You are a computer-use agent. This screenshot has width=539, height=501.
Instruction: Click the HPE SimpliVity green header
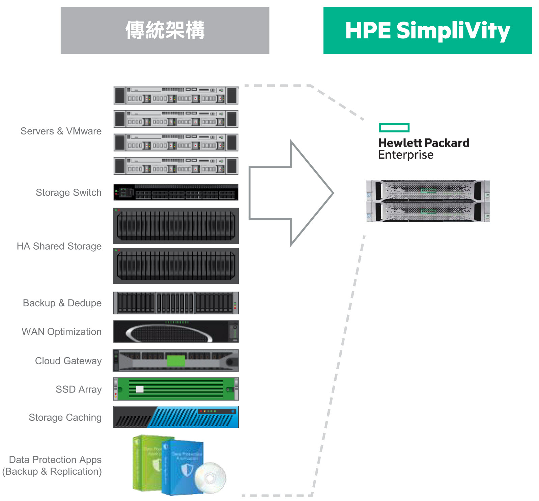pyautogui.click(x=427, y=30)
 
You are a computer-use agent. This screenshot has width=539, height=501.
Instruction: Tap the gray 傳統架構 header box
pyautogui.click(x=165, y=30)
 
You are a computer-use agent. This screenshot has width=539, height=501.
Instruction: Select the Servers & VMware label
pyautogui.click(x=61, y=131)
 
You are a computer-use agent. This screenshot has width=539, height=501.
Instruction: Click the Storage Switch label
pyautogui.click(x=68, y=192)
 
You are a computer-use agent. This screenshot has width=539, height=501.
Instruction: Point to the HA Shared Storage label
pyautogui.click(x=59, y=246)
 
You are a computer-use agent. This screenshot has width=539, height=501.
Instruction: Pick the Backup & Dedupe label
pyautogui.click(x=62, y=303)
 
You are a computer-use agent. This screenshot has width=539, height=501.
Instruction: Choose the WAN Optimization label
pyautogui.click(x=61, y=332)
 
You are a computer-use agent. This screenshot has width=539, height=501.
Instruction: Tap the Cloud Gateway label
pyautogui.click(x=68, y=361)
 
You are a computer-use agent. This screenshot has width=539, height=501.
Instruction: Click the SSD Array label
pyautogui.click(x=79, y=389)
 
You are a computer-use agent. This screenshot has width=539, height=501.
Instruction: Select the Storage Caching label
pyautogui.click(x=65, y=417)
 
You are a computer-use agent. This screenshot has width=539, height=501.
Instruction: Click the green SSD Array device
pyautogui.click(x=176, y=389)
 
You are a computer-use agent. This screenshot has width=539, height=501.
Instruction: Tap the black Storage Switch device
pyautogui.click(x=176, y=192)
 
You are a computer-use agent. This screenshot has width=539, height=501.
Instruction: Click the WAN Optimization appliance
pyautogui.click(x=176, y=332)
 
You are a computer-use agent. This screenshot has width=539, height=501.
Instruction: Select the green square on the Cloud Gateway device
pyautogui.click(x=176, y=361)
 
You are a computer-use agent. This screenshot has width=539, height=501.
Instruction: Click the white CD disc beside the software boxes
pyautogui.click(x=210, y=478)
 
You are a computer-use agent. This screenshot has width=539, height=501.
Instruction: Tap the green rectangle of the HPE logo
pyautogui.click(x=394, y=128)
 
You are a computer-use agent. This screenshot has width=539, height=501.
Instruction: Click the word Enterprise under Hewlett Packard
pyautogui.click(x=406, y=155)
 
